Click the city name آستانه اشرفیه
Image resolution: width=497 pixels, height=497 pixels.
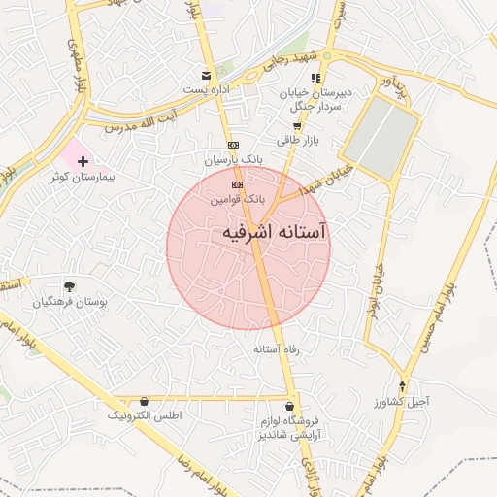pyautogui.click(x=275, y=234)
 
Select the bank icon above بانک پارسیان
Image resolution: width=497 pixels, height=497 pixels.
pyautogui.click(x=233, y=145)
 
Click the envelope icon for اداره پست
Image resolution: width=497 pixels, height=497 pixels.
pyautogui.click(x=205, y=76)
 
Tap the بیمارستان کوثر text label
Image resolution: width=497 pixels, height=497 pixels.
pyautogui.click(x=85, y=179)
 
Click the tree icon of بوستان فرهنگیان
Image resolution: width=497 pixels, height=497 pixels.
pyautogui.click(x=69, y=285)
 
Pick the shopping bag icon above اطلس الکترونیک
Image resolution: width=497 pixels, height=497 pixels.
pyautogui.click(x=145, y=400)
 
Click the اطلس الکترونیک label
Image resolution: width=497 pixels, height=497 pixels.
pyautogui.click(x=144, y=415)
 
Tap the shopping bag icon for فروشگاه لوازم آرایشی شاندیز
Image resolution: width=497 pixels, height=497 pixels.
pyautogui.click(x=289, y=404)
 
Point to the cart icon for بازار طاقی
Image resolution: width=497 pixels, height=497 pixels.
pyautogui.click(x=297, y=125)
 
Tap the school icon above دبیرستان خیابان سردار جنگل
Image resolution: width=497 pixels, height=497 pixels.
pyautogui.click(x=315, y=78)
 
